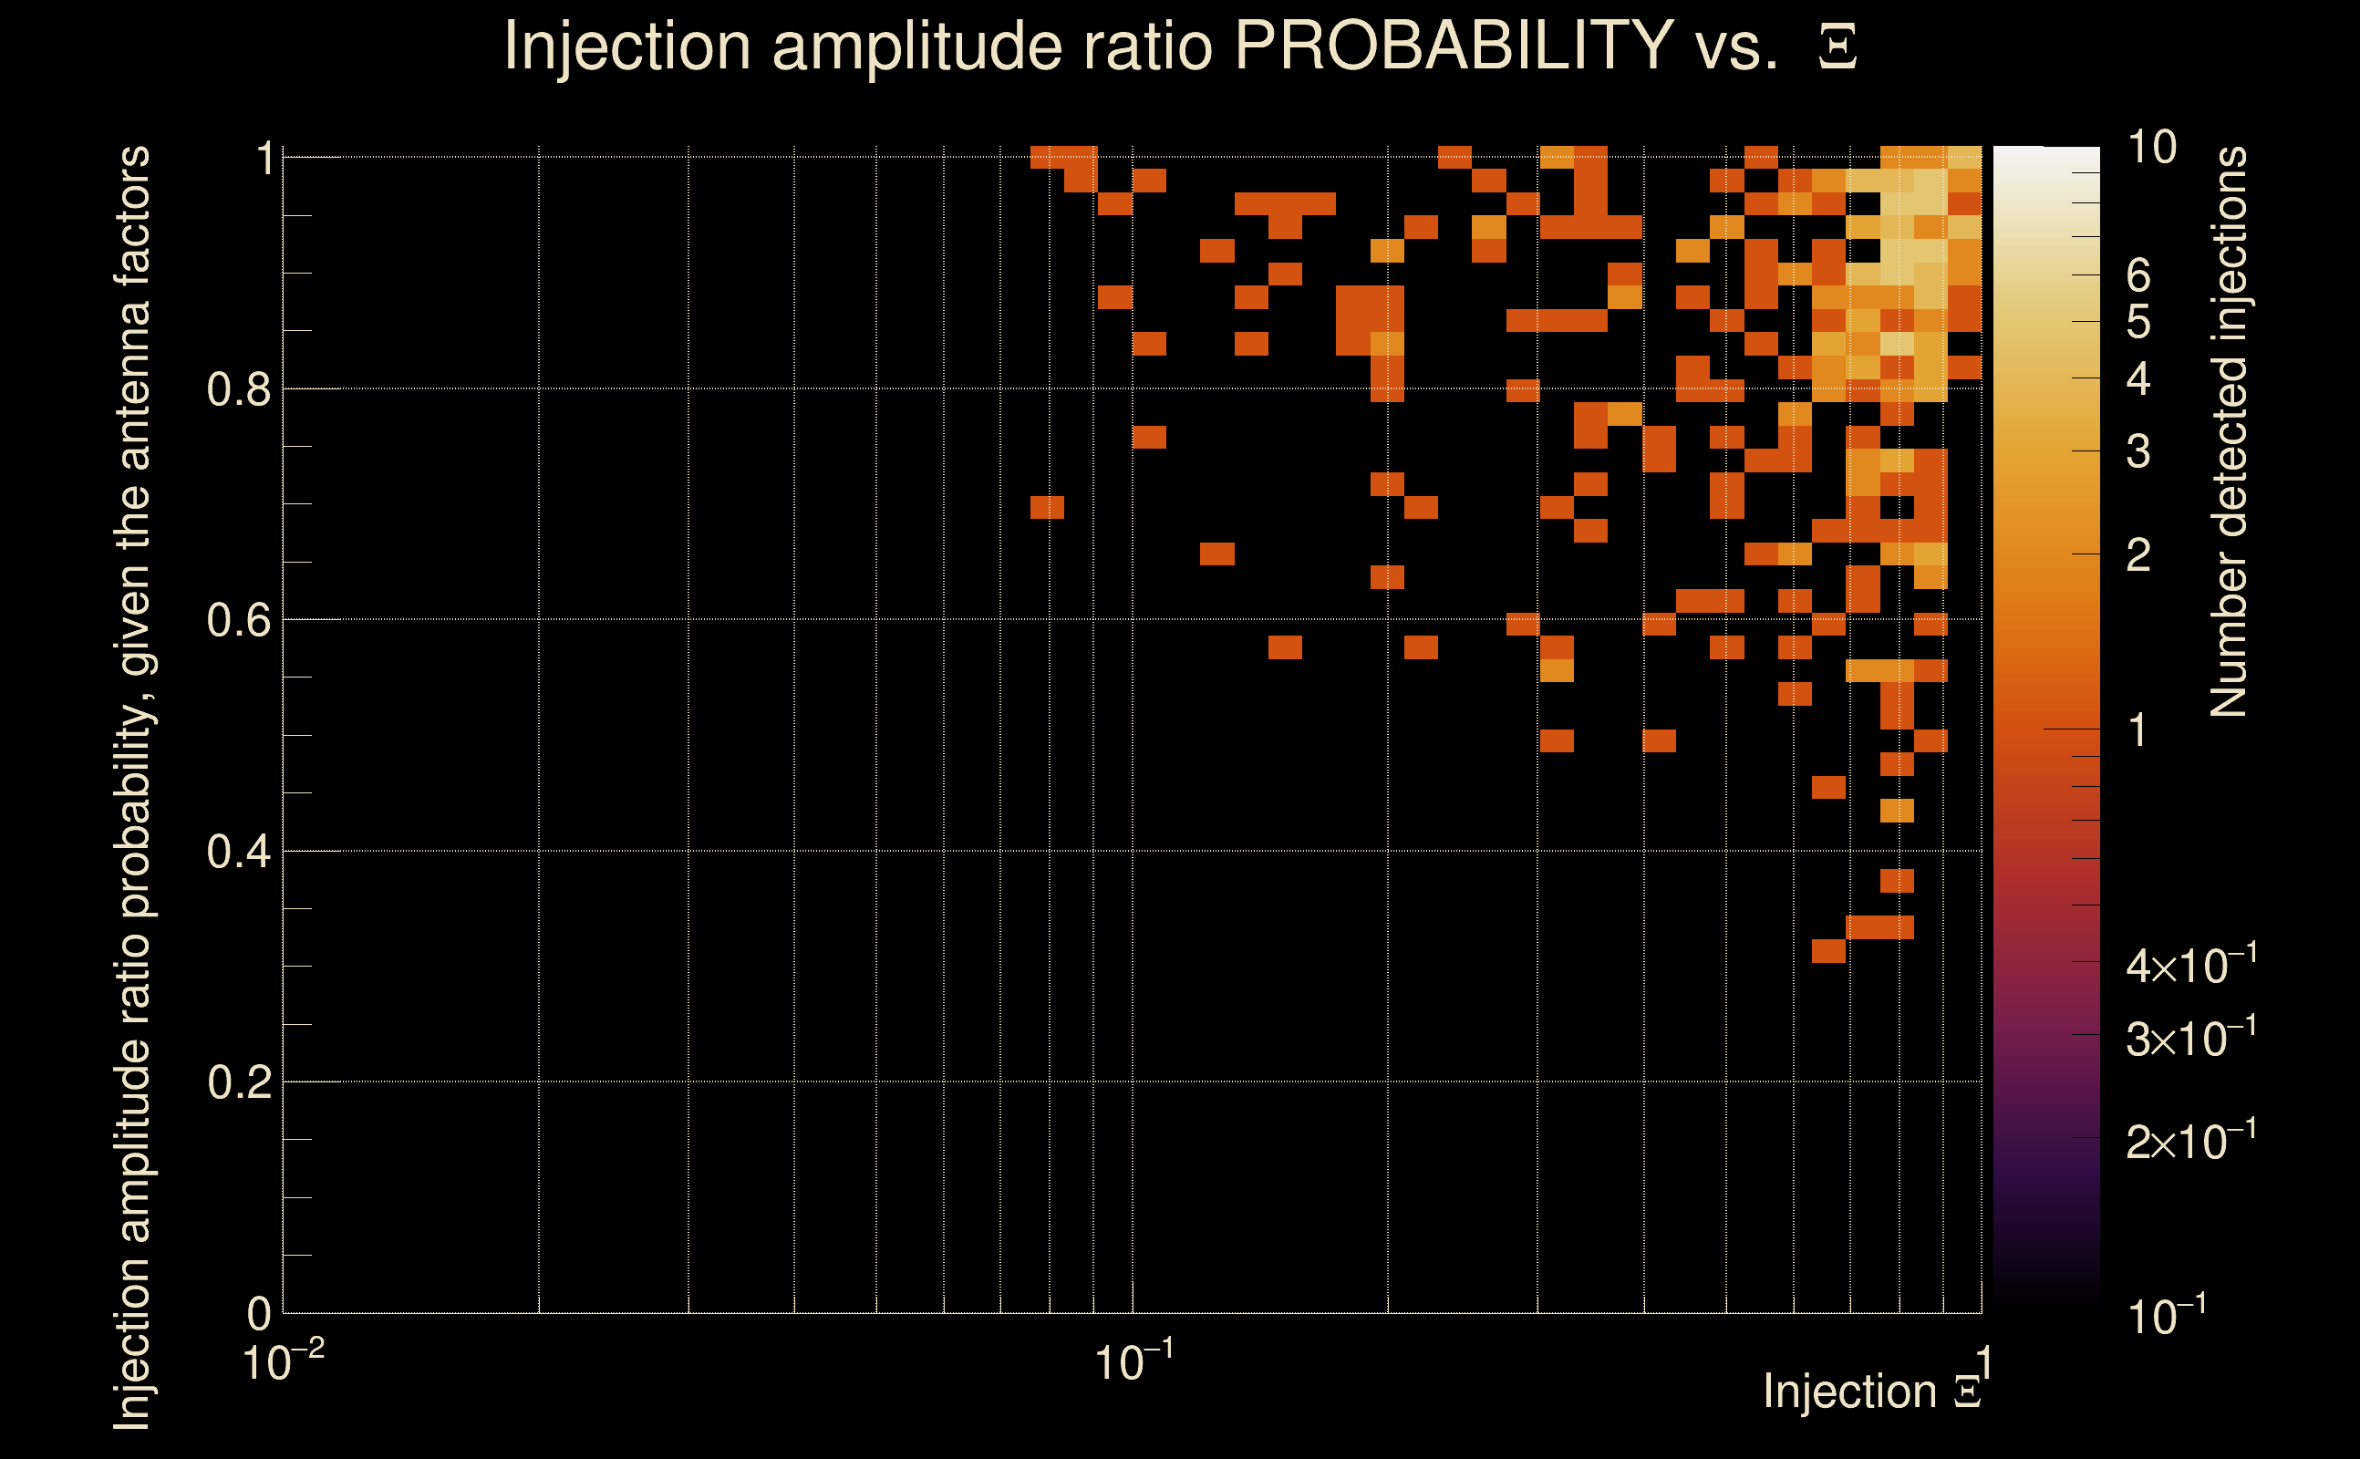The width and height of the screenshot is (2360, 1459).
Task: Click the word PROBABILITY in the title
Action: [x=1454, y=46]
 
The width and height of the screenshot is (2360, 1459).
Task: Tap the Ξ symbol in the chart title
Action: [x=1837, y=47]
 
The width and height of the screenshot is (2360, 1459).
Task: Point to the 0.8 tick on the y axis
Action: [x=239, y=390]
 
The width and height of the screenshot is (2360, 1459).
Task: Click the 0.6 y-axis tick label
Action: [x=239, y=620]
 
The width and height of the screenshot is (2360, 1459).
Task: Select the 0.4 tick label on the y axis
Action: [x=239, y=852]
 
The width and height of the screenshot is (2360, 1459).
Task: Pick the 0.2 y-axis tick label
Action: [x=239, y=1082]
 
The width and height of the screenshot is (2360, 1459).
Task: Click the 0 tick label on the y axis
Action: [x=259, y=1313]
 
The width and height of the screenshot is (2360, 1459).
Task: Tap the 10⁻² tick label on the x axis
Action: [x=282, y=1362]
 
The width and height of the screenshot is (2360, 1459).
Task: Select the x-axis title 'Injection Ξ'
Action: [x=1872, y=1392]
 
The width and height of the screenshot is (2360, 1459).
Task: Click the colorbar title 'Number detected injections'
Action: [x=2229, y=431]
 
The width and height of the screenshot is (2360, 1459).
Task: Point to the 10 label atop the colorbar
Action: [x=2151, y=148]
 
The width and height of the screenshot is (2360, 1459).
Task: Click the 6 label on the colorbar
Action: [x=2138, y=276]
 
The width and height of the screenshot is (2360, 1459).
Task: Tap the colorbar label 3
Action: [x=2138, y=451]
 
